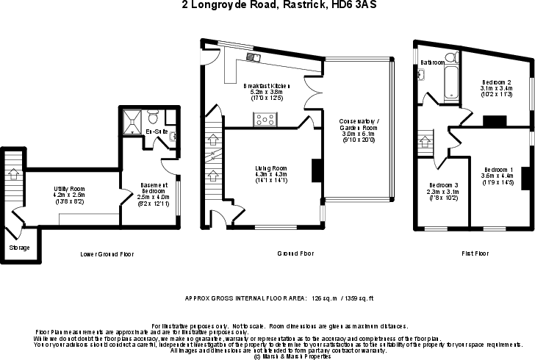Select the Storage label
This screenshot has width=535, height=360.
[x=20, y=248]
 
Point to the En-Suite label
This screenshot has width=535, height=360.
[x=155, y=132]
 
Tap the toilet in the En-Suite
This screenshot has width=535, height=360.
[x=154, y=117]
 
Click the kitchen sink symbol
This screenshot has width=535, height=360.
[x=253, y=56]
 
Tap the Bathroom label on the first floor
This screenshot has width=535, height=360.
[x=433, y=62]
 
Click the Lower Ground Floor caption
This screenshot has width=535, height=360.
[x=107, y=253]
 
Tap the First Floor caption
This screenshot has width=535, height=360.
[x=475, y=253]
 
